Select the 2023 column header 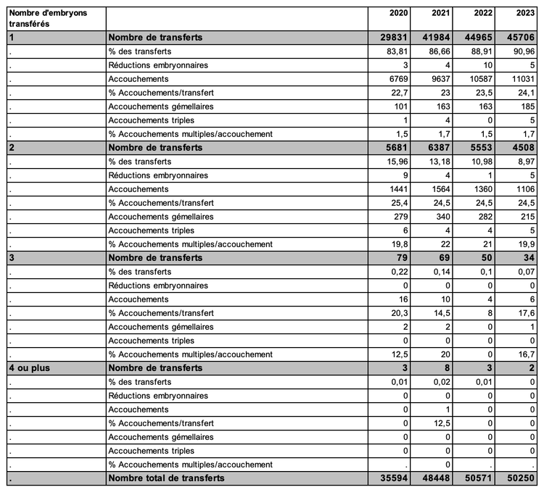click(x=525, y=14)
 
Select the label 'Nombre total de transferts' click(x=166, y=478)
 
